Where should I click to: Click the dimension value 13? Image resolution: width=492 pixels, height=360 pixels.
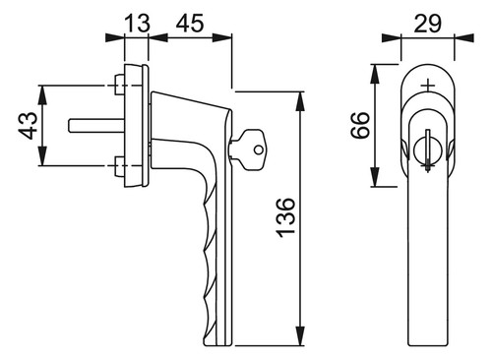coord(138,23)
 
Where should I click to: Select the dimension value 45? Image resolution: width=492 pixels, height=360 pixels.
coord(190,23)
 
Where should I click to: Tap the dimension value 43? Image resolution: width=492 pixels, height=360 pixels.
coord(28,126)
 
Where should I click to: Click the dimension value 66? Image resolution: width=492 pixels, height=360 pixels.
coord(360,125)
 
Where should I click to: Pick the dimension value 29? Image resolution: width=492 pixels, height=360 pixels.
coord(428,24)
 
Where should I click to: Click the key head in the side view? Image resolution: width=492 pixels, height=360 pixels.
coord(253,150)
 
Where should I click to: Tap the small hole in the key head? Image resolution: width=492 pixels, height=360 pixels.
coord(259,150)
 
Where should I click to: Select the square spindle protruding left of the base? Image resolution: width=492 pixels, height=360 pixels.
coord(96,126)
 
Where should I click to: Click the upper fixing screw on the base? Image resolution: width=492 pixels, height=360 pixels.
coord(119,85)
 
